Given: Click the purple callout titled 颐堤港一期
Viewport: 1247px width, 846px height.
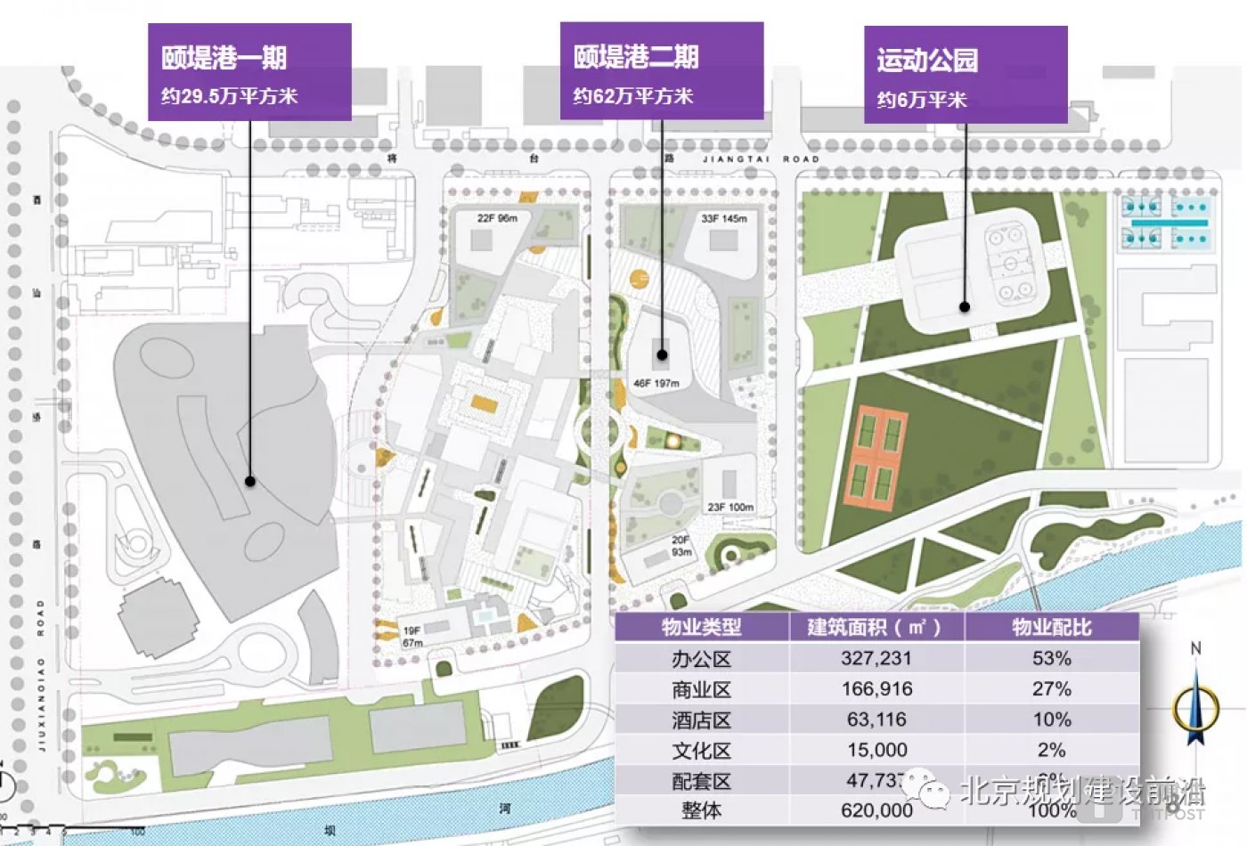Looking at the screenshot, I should pyautogui.click(x=249, y=72).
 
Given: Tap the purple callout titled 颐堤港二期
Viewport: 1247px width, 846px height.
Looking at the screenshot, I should pyautogui.click(x=661, y=71).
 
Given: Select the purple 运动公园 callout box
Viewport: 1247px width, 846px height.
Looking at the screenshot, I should pyautogui.click(x=966, y=75).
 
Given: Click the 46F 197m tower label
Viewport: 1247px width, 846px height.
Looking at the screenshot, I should pyautogui.click(x=656, y=384).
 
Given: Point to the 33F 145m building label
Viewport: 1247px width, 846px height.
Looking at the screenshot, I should pyautogui.click(x=723, y=218).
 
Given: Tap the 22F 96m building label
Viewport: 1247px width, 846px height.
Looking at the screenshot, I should pyautogui.click(x=497, y=218).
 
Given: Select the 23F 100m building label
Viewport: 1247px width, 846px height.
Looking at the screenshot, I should pyautogui.click(x=730, y=508).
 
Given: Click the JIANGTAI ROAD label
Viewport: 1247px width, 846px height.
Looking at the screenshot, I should pyautogui.click(x=762, y=159).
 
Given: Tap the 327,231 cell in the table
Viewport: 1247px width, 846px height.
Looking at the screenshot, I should pyautogui.click(x=876, y=658).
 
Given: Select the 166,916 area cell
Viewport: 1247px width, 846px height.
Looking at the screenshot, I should pyautogui.click(x=876, y=688).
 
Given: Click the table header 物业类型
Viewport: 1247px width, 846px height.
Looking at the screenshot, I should pyautogui.click(x=701, y=627).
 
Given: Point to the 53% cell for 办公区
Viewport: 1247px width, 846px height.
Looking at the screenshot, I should pyautogui.click(x=1051, y=658).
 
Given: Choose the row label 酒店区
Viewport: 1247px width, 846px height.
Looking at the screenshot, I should pyautogui.click(x=701, y=720).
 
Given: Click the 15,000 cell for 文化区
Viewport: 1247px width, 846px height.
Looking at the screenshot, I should pyautogui.click(x=876, y=750).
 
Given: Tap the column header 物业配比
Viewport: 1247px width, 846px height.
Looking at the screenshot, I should pyautogui.click(x=1051, y=627).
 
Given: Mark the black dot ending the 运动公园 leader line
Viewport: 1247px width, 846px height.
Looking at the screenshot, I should pyautogui.click(x=965, y=307).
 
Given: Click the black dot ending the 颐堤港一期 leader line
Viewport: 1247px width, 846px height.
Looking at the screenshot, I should pyautogui.click(x=250, y=481).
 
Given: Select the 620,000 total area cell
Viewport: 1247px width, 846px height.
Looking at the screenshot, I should pyautogui.click(x=876, y=810).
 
